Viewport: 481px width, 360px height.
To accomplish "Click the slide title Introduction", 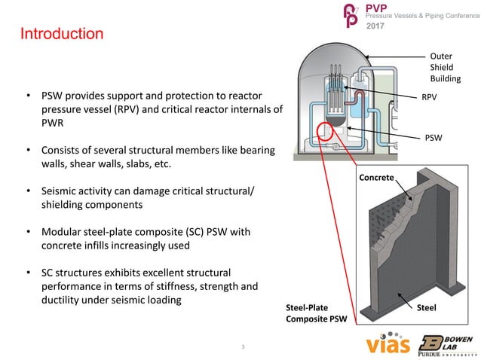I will tap(62, 35).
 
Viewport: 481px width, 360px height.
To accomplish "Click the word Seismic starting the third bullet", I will tap(61, 191).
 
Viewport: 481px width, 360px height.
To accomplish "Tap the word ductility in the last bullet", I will tap(63, 301).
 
